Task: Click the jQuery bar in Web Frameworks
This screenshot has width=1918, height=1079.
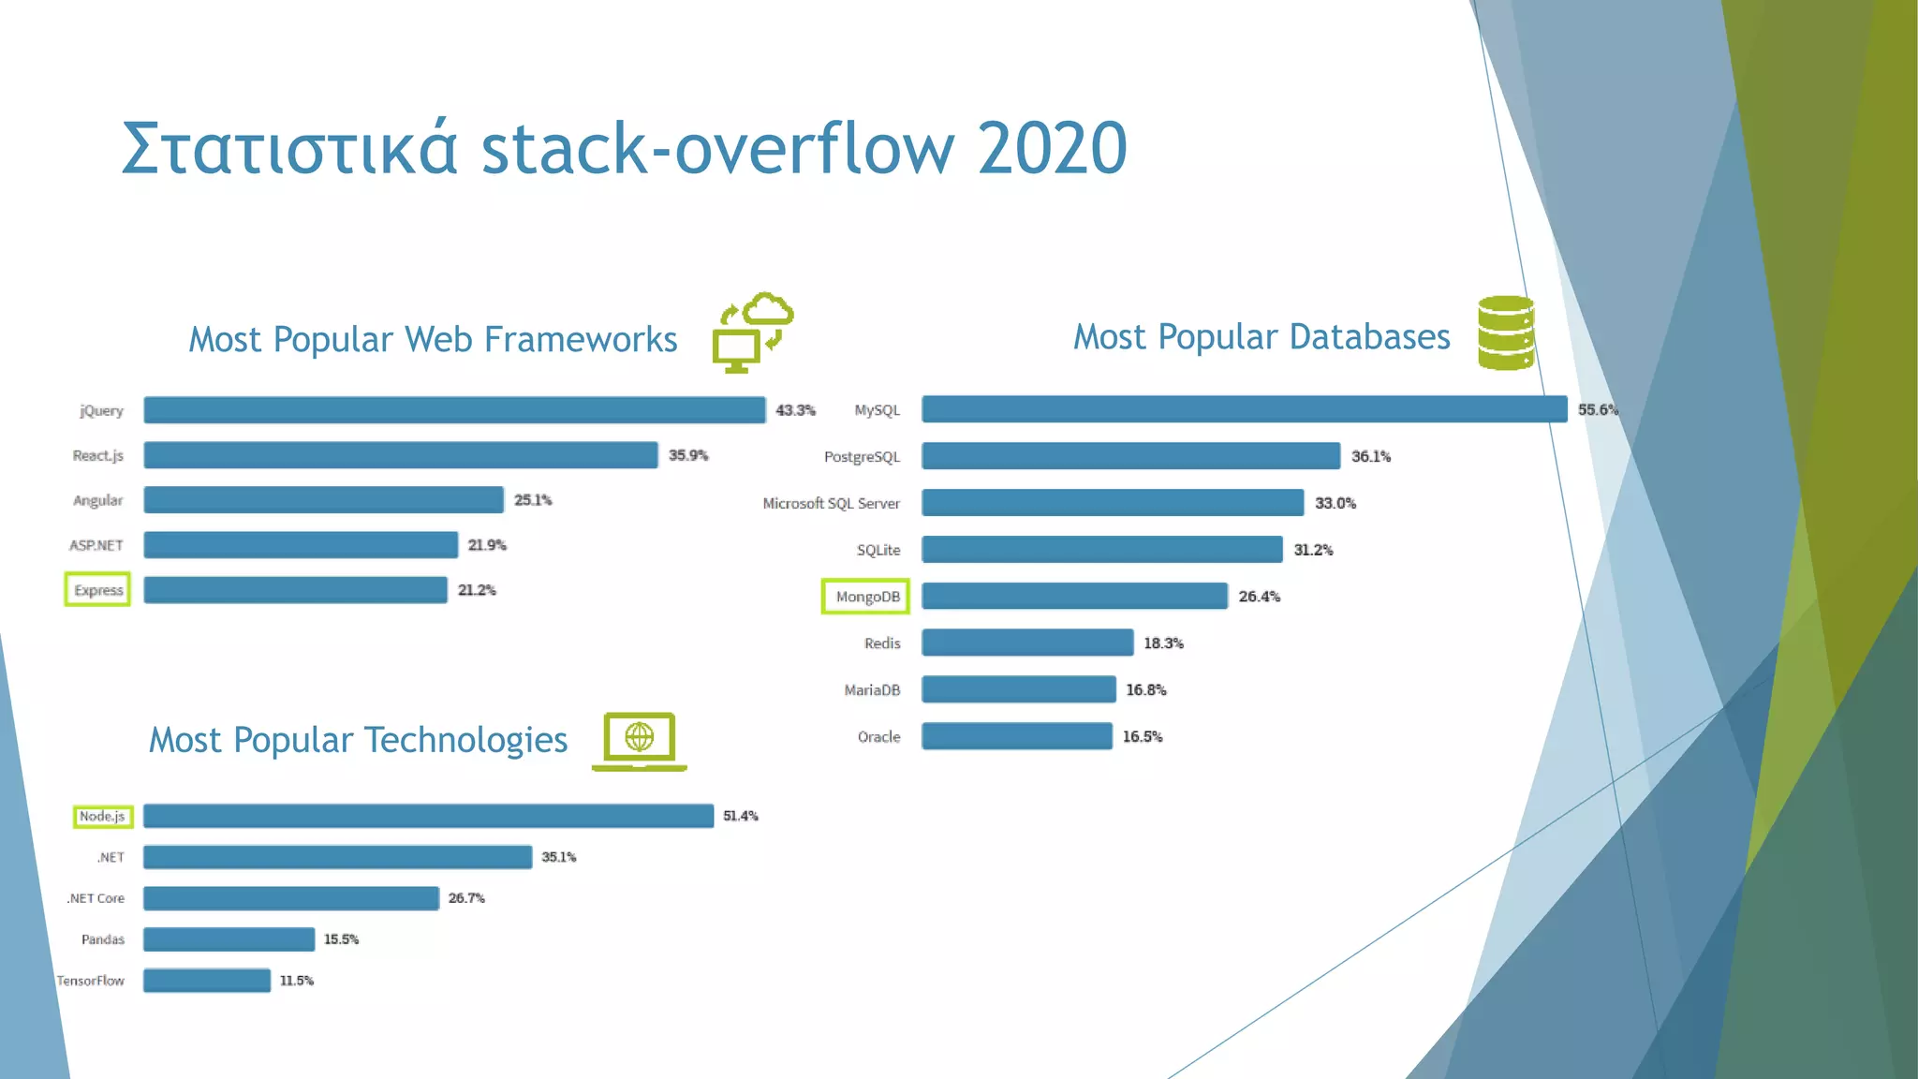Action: (x=454, y=410)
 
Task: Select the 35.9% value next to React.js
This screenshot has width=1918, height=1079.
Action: (x=688, y=455)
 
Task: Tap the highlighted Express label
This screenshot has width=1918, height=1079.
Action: (x=98, y=590)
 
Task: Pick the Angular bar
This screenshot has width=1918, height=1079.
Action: (x=323, y=500)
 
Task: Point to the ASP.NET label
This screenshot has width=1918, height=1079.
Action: (x=96, y=545)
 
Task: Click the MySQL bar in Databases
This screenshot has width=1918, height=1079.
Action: (x=1244, y=409)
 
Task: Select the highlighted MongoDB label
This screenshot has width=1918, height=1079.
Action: (x=866, y=597)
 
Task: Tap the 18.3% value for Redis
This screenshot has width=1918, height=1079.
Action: (x=1163, y=643)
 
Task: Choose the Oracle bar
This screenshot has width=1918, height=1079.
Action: (x=1017, y=736)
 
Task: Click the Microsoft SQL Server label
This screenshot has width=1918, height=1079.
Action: (x=831, y=504)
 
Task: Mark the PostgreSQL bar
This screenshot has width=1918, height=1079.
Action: (x=1130, y=456)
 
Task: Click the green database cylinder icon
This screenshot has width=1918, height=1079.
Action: (x=1506, y=333)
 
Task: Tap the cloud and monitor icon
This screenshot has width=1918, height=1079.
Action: (x=753, y=333)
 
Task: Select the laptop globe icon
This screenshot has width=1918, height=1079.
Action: (x=640, y=741)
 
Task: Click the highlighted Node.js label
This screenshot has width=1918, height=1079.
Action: (x=102, y=817)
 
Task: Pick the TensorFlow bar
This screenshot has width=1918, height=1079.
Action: (x=207, y=981)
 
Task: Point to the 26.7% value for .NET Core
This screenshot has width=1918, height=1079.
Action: (x=466, y=898)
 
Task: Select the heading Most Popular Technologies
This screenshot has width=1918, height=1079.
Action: (x=359, y=740)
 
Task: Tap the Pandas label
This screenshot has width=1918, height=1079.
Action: (x=103, y=939)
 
